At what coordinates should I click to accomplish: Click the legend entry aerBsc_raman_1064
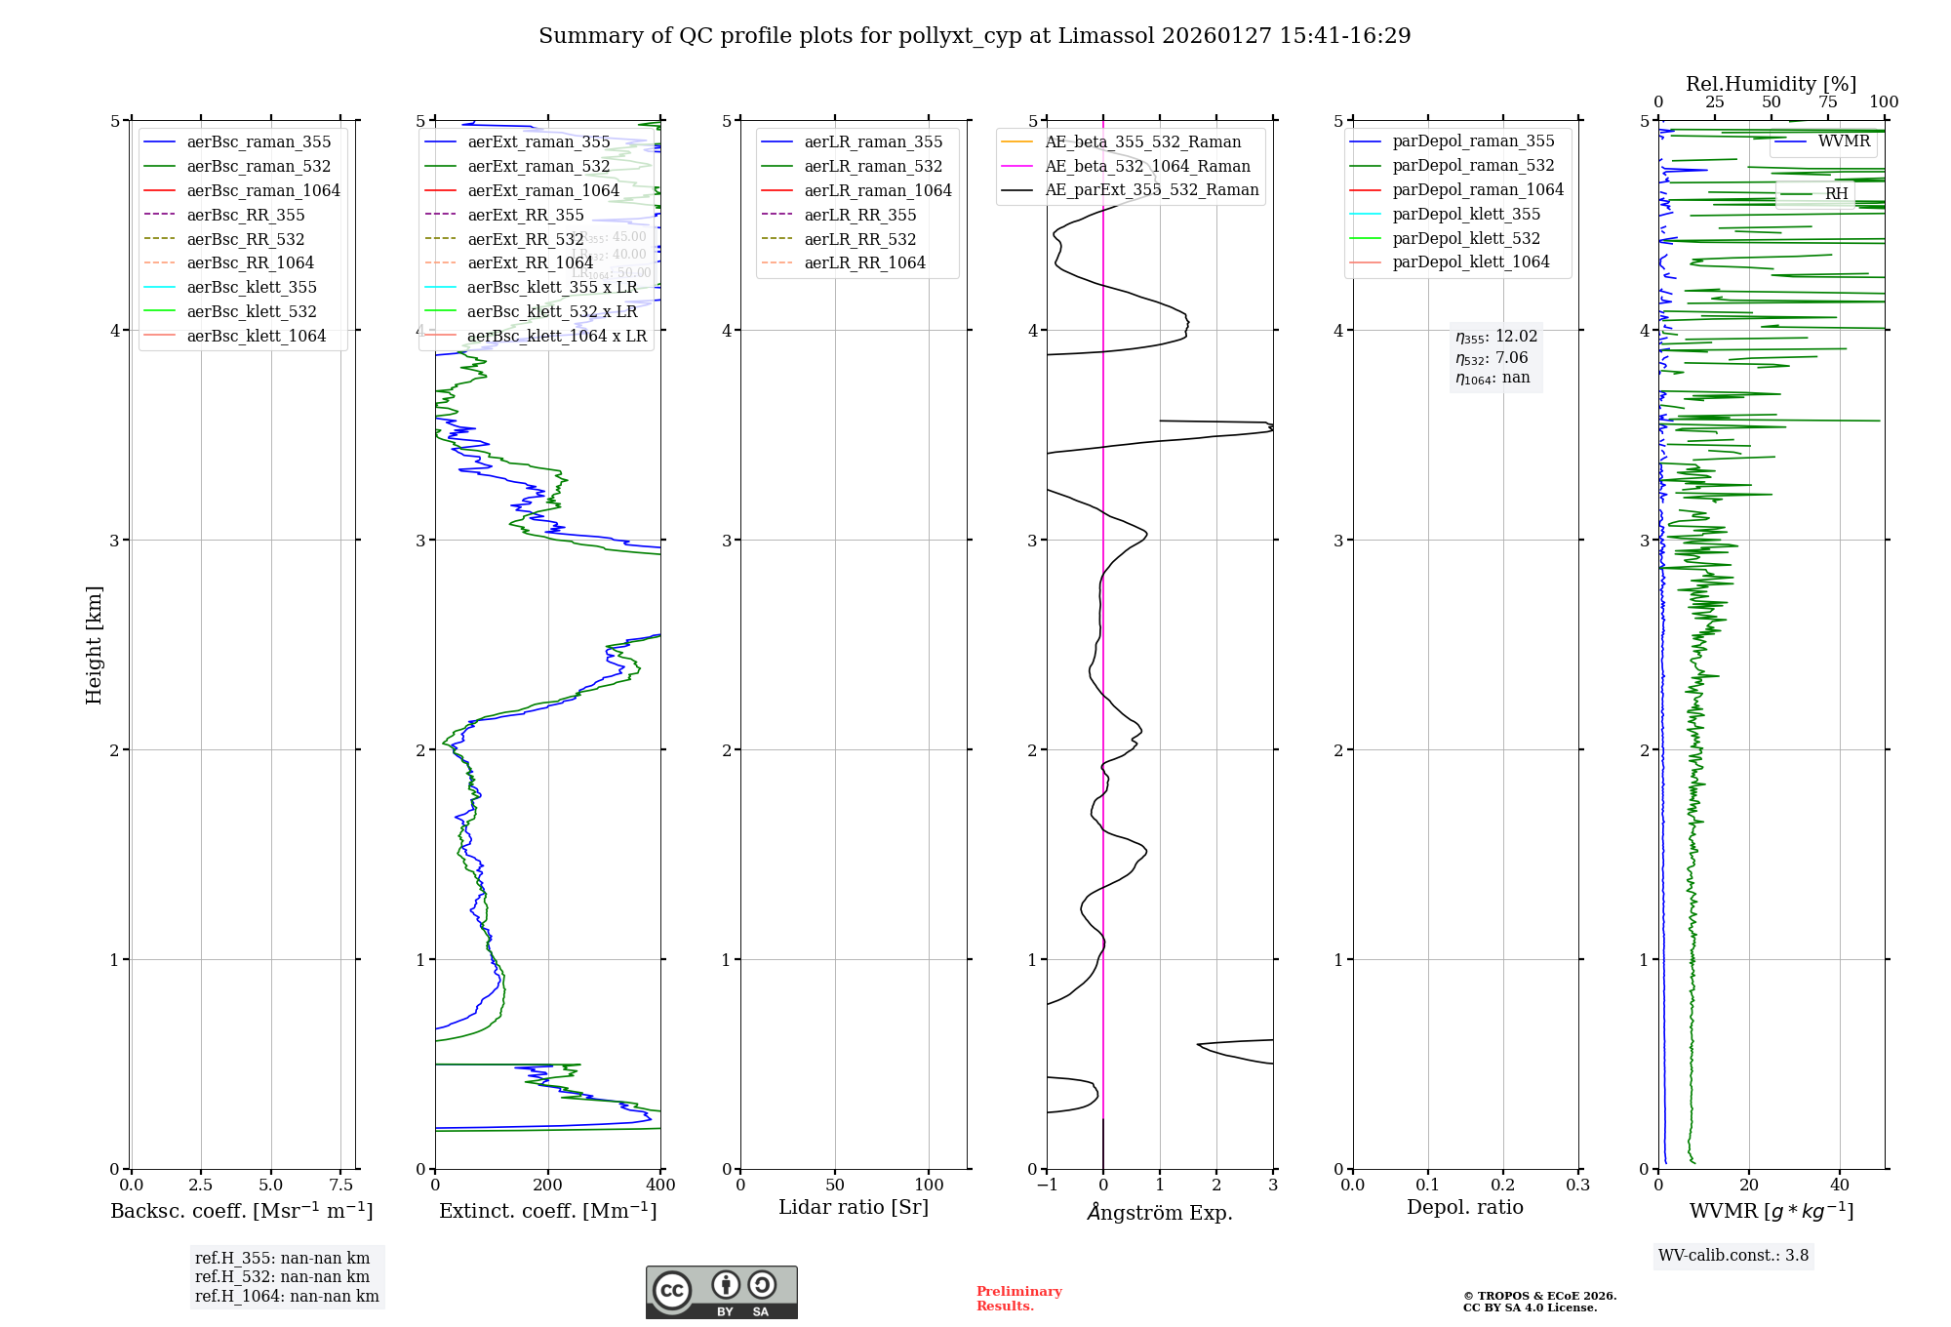pos(262,190)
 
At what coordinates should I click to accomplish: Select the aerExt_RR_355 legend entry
pos(525,215)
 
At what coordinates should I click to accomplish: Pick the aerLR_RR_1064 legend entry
pos(864,262)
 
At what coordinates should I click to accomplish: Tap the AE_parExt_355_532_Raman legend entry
pos(1151,189)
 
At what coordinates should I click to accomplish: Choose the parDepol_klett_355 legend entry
pos(1465,214)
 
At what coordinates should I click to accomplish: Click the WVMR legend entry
pos(1843,141)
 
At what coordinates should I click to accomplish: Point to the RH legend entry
pos(1836,193)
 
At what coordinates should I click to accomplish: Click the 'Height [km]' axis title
pos(94,645)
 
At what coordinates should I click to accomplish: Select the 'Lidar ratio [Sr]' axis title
pos(854,1207)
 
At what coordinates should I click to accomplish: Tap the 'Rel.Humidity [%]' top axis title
pos(1771,84)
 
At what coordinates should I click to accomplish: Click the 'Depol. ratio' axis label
pos(1464,1207)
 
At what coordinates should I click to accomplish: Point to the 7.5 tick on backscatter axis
pos(340,1185)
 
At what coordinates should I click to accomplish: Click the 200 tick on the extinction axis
pos(547,1185)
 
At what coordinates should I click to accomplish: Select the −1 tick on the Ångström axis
pos(1047,1185)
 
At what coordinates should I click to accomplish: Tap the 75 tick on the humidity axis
pos(1827,102)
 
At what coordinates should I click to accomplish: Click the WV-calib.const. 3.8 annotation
pos(1733,1255)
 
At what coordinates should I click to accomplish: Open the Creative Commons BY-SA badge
pos(721,1292)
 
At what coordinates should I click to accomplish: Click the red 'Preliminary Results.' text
pos(1018,1298)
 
